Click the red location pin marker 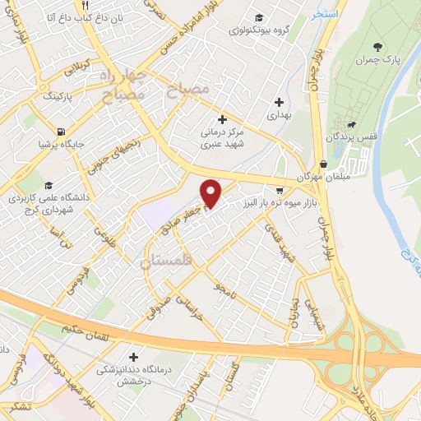(211, 193)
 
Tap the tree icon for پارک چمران (377, 46)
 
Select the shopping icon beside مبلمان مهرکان (323, 164)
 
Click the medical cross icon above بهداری (280, 103)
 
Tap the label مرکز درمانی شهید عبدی (221, 136)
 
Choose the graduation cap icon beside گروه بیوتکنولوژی (259, 18)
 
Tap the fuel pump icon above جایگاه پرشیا (62, 132)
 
